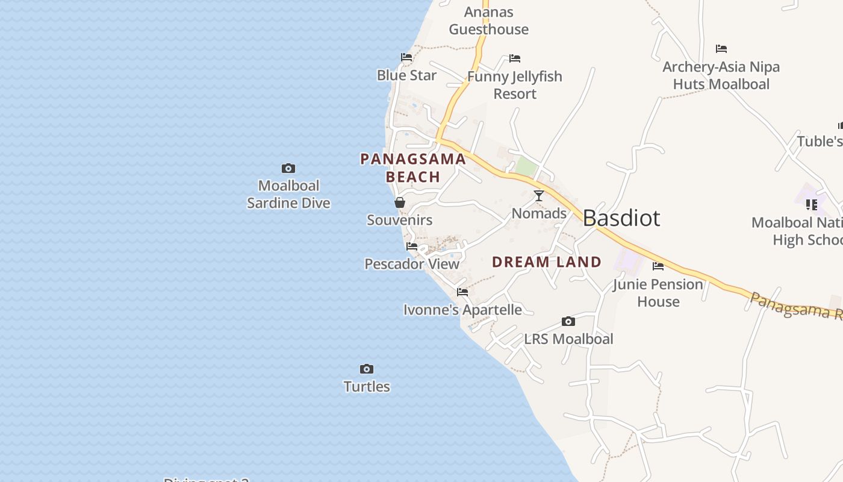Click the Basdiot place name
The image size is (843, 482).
(621, 218)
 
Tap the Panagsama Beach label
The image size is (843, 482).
(413, 168)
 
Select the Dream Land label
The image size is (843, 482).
(547, 262)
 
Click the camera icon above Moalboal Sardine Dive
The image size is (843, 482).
(288, 169)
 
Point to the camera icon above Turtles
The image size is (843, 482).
(367, 369)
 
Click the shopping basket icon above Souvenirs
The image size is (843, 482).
(400, 202)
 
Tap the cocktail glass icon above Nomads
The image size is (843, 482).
(539, 196)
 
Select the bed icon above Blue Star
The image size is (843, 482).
(406, 57)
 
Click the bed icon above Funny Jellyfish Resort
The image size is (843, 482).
(515, 58)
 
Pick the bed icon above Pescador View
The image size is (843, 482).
(412, 246)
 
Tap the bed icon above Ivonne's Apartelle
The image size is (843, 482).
(462, 292)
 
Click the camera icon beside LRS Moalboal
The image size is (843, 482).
(568, 322)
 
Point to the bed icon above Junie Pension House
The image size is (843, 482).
(658, 266)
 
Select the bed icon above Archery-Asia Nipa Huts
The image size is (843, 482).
(721, 49)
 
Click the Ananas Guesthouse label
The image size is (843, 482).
(489, 20)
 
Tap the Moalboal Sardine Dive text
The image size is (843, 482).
(288, 194)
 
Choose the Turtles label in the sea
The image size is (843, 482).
(367, 387)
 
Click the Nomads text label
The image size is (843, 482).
(539, 213)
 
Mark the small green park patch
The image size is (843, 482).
(526, 167)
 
